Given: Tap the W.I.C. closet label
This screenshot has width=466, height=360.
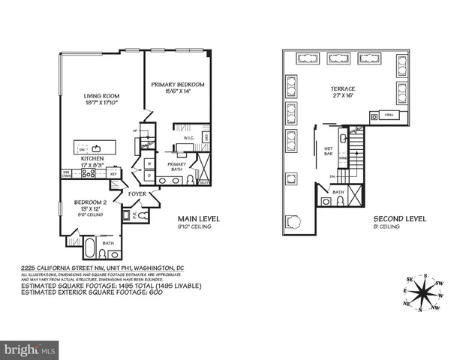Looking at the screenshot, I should coord(189,138).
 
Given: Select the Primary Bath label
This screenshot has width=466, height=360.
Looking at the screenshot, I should coord(176,166).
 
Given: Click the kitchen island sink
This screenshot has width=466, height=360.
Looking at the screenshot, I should coord(98,147).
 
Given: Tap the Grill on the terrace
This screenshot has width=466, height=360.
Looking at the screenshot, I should coord(389,115).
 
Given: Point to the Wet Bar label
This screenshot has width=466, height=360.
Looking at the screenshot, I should coord(328,152).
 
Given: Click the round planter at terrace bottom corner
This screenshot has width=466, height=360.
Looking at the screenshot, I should coord(293,222).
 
